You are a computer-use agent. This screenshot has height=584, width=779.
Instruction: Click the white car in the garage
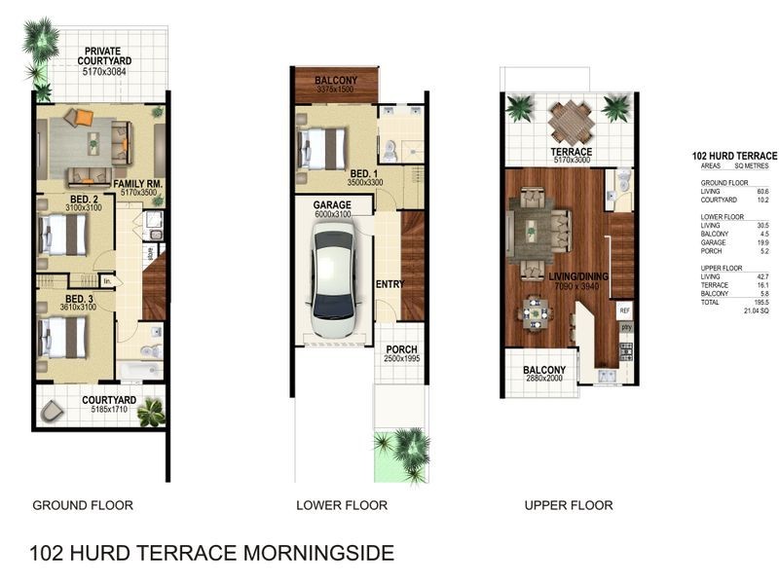pos(330,280)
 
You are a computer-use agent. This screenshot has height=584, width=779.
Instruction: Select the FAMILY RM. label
pos(136,183)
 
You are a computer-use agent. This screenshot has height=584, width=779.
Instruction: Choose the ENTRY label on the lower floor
pos(389,283)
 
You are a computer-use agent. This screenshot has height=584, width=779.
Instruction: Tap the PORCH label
pos(401,348)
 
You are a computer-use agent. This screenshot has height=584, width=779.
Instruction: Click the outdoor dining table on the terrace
pos(570,123)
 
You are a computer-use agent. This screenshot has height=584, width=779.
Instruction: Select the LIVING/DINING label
pos(579,277)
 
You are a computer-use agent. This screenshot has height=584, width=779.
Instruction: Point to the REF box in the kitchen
pos(624,310)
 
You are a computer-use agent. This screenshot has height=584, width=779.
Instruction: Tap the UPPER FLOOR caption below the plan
pos(568,505)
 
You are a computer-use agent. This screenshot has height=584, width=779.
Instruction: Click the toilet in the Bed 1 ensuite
pos(389,150)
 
